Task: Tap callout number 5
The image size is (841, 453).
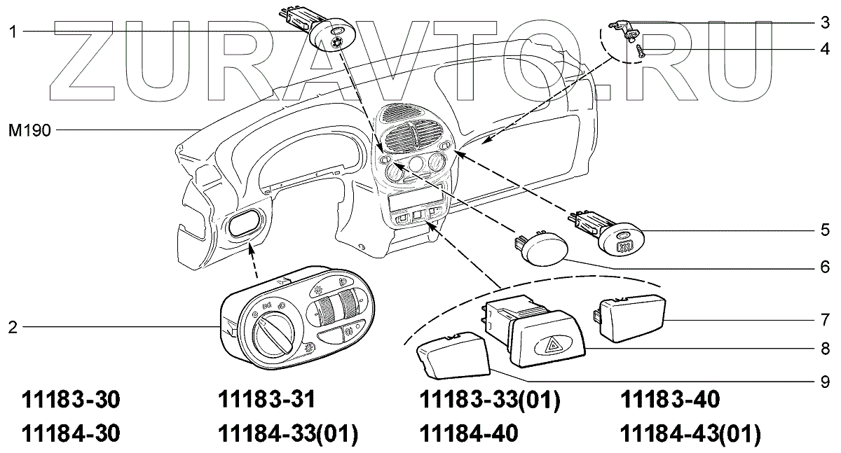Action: [x=825, y=230]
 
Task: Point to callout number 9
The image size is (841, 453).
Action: [x=825, y=382]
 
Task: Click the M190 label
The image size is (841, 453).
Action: [x=29, y=130]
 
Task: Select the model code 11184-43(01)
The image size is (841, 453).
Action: [x=690, y=434]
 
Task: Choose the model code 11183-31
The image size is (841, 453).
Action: [x=266, y=400]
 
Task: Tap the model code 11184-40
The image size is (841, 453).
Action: [x=468, y=434]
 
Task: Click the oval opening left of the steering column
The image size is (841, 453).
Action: [x=244, y=226]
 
